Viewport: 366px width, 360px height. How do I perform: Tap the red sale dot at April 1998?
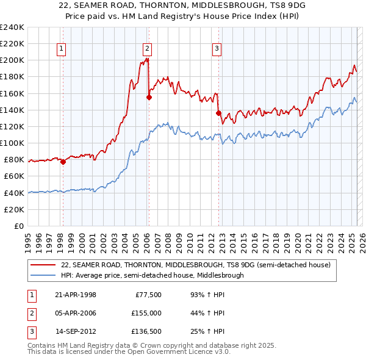[x=63, y=162]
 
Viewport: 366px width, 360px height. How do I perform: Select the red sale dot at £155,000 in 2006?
[x=149, y=97]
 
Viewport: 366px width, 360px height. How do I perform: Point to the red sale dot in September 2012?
[x=218, y=112]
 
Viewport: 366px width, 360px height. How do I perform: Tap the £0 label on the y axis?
[x=18, y=226]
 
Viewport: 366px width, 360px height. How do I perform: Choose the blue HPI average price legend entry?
[x=152, y=275]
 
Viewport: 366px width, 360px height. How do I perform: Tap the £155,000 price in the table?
[x=147, y=313]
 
